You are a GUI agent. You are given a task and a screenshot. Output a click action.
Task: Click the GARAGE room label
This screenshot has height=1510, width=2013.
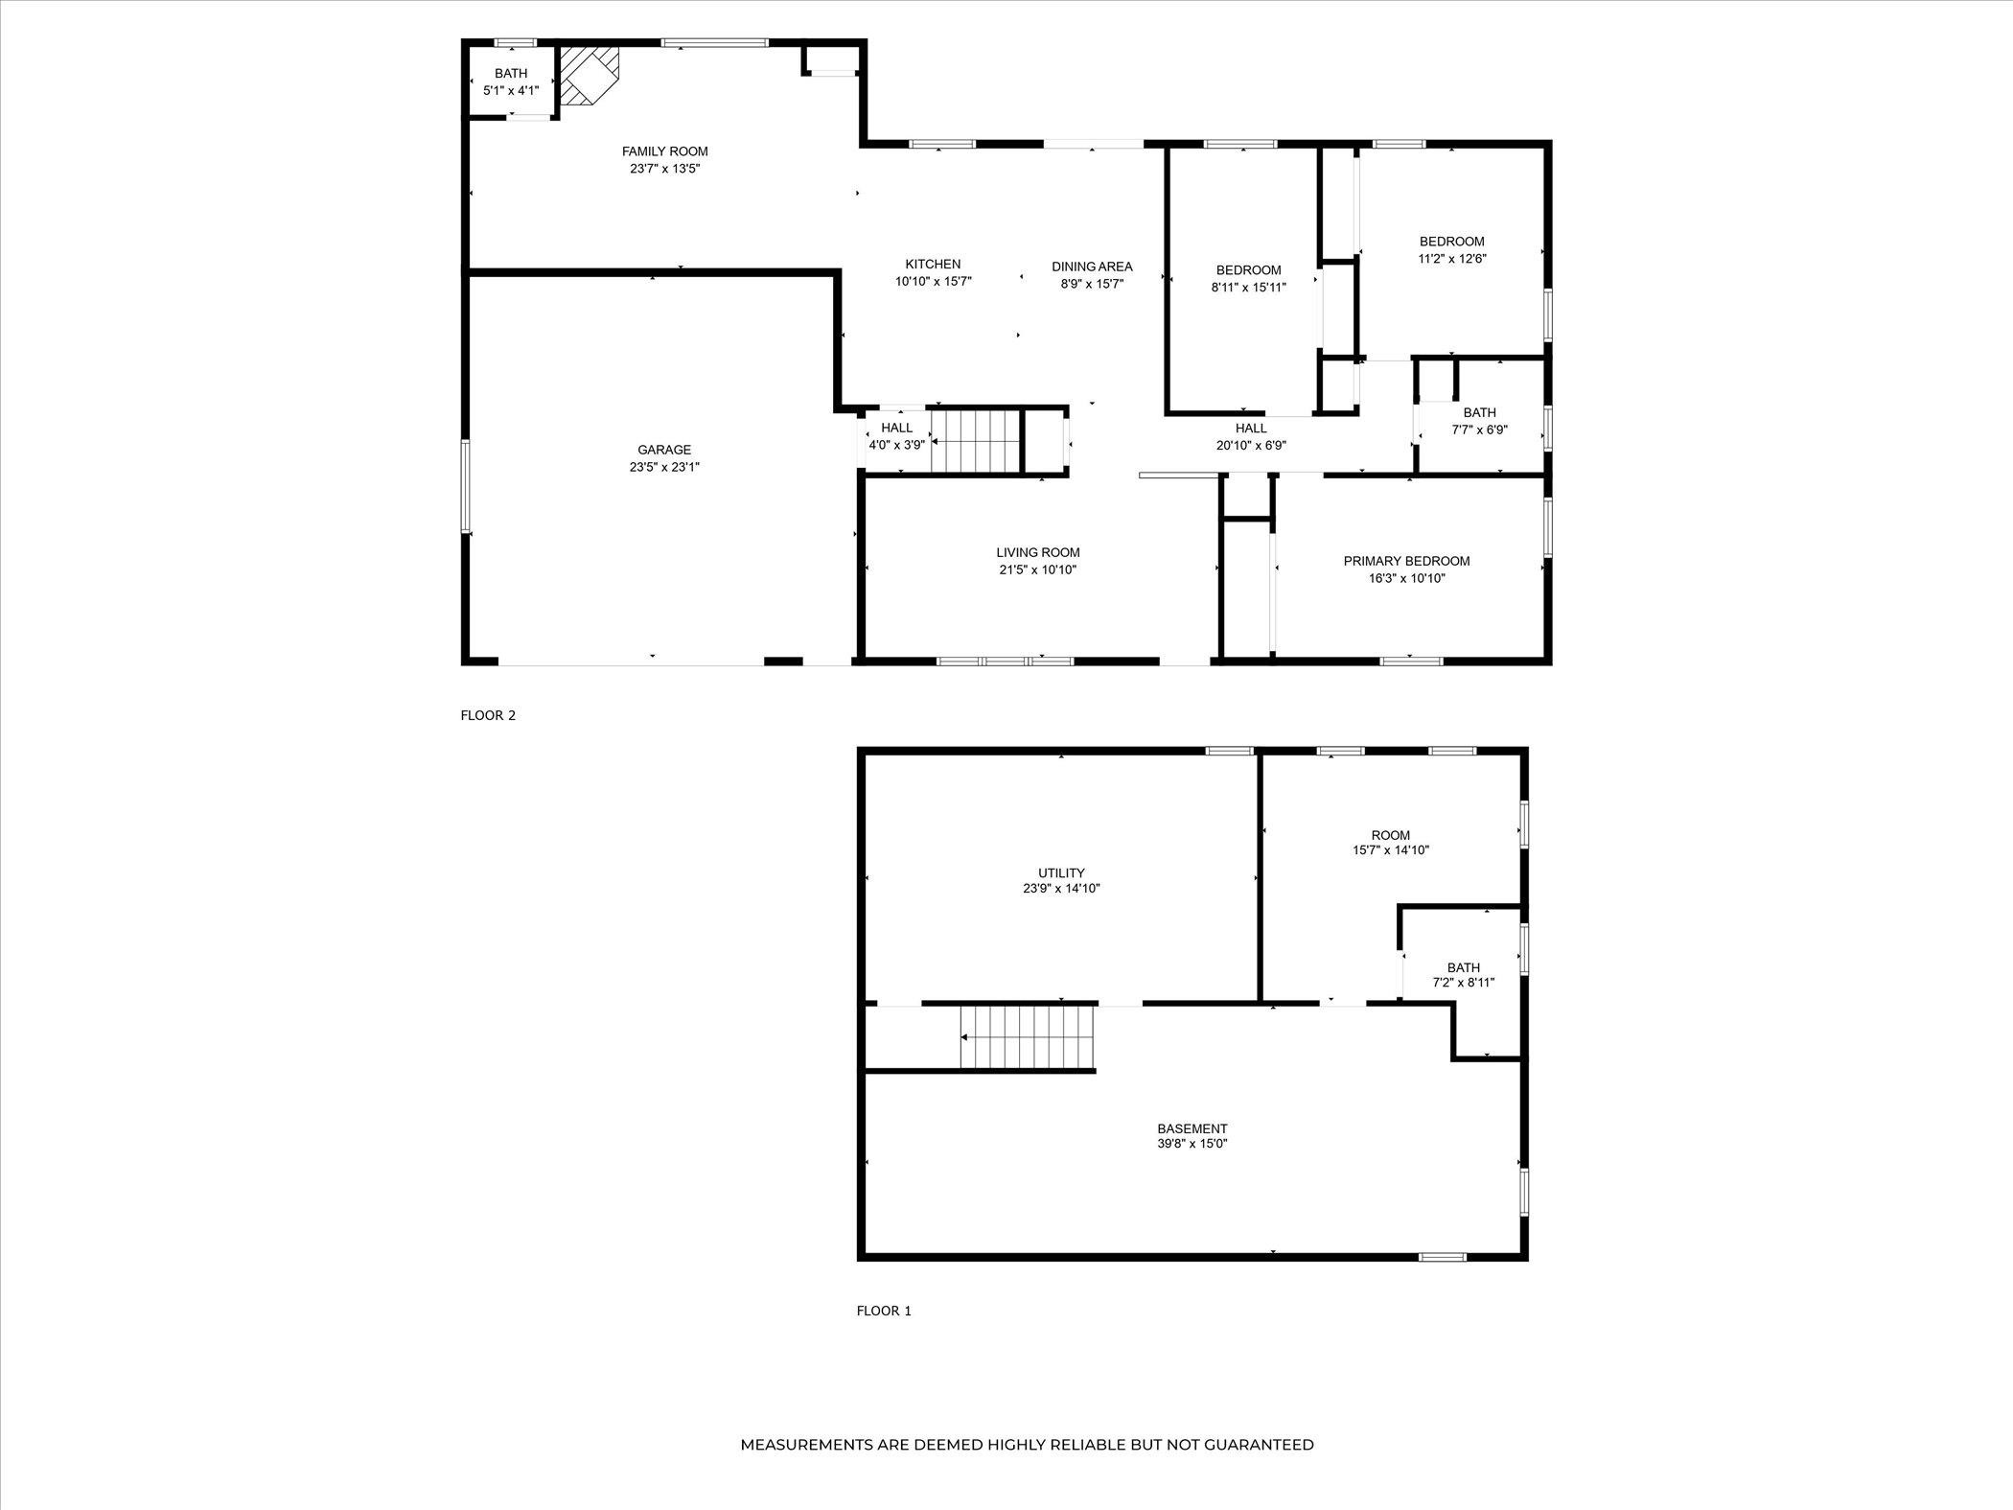(x=664, y=450)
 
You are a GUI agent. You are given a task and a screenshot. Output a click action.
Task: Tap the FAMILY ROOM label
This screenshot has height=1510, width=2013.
(x=665, y=151)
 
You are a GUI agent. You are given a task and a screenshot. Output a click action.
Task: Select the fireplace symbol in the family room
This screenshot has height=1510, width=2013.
(x=590, y=76)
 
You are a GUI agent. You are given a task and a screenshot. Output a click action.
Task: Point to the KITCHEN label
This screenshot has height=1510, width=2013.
(x=933, y=265)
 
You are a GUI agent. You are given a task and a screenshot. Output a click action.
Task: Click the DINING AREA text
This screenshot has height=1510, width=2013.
(x=1092, y=267)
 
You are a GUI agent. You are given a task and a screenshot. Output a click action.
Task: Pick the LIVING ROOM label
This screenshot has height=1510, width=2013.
(x=1038, y=552)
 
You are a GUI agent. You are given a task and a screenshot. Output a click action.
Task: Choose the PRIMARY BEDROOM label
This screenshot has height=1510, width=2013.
(x=1406, y=561)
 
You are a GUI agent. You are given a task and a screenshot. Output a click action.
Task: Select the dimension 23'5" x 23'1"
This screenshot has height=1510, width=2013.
(x=664, y=467)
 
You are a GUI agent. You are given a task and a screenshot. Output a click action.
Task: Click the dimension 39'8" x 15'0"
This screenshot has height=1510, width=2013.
(x=1192, y=1144)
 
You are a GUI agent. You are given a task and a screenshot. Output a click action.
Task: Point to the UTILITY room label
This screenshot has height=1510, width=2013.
(x=1061, y=872)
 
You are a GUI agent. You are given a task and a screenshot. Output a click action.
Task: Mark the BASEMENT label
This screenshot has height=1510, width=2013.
(x=1192, y=1128)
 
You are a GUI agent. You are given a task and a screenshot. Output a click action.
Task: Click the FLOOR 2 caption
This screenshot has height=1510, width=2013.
(x=488, y=715)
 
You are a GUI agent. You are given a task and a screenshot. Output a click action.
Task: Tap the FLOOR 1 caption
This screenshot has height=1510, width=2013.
(x=884, y=1311)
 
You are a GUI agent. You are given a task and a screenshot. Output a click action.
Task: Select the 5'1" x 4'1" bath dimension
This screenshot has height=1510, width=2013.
(x=511, y=90)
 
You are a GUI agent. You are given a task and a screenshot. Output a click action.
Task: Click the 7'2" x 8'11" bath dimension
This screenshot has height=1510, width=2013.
(x=1464, y=983)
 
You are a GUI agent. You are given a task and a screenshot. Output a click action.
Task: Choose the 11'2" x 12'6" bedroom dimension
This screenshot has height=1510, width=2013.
(x=1452, y=258)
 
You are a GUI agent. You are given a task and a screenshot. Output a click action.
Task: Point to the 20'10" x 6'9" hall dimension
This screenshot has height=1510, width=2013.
(x=1251, y=445)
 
